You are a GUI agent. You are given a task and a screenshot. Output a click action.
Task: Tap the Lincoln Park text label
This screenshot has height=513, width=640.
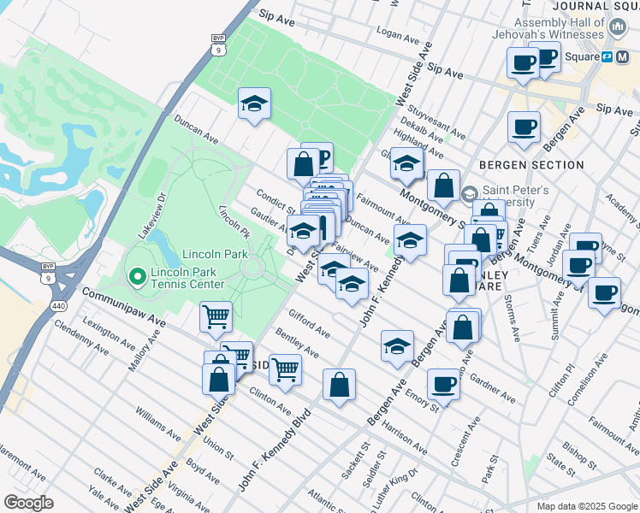click(214, 255)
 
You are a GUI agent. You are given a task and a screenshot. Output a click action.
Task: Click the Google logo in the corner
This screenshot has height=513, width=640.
click(28, 503)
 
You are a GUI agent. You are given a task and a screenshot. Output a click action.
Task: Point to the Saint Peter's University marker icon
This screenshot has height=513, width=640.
click(469, 194)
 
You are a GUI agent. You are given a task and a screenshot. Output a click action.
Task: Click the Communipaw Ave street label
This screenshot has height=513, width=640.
click(123, 306)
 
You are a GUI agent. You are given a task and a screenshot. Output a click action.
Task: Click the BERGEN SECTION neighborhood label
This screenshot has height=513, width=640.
click(519, 164)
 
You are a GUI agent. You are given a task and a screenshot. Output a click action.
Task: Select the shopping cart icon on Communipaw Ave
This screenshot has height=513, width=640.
click(216, 317)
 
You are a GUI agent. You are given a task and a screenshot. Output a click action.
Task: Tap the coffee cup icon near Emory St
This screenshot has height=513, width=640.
click(443, 384)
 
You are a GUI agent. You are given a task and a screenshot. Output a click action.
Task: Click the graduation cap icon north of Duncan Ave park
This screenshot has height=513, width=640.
click(253, 103)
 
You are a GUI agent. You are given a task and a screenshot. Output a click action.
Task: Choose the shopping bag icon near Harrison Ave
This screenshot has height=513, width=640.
click(339, 386)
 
